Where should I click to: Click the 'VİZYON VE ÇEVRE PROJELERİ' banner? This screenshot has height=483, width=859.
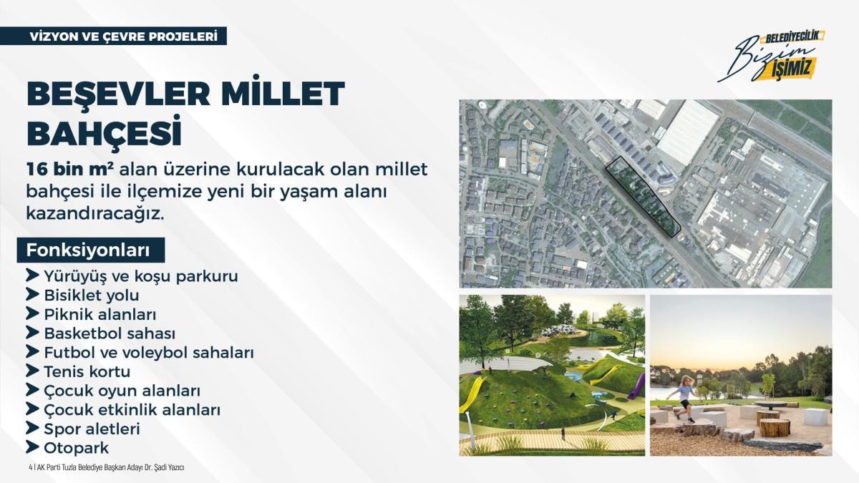pyautogui.click(x=113, y=36)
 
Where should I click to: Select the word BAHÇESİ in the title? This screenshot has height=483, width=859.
pyautogui.click(x=104, y=132)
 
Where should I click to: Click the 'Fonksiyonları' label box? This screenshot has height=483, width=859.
pyautogui.click(x=91, y=250)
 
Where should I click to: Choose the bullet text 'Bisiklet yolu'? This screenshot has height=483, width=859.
pyautogui.click(x=92, y=296)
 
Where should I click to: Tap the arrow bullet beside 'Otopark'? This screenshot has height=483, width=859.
pyautogui.click(x=32, y=447)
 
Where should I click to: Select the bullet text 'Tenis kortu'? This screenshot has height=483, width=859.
pyautogui.click(x=87, y=372)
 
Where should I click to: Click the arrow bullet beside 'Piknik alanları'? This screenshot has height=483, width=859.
pyautogui.click(x=32, y=313)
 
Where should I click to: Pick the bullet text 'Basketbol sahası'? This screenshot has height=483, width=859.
pyautogui.click(x=110, y=333)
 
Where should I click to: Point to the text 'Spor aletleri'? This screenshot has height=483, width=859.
pyautogui.click(x=92, y=429)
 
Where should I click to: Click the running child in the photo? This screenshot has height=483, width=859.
pyautogui.click(x=683, y=399)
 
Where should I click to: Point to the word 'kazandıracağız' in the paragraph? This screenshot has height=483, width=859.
pyautogui.click(x=94, y=213)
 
